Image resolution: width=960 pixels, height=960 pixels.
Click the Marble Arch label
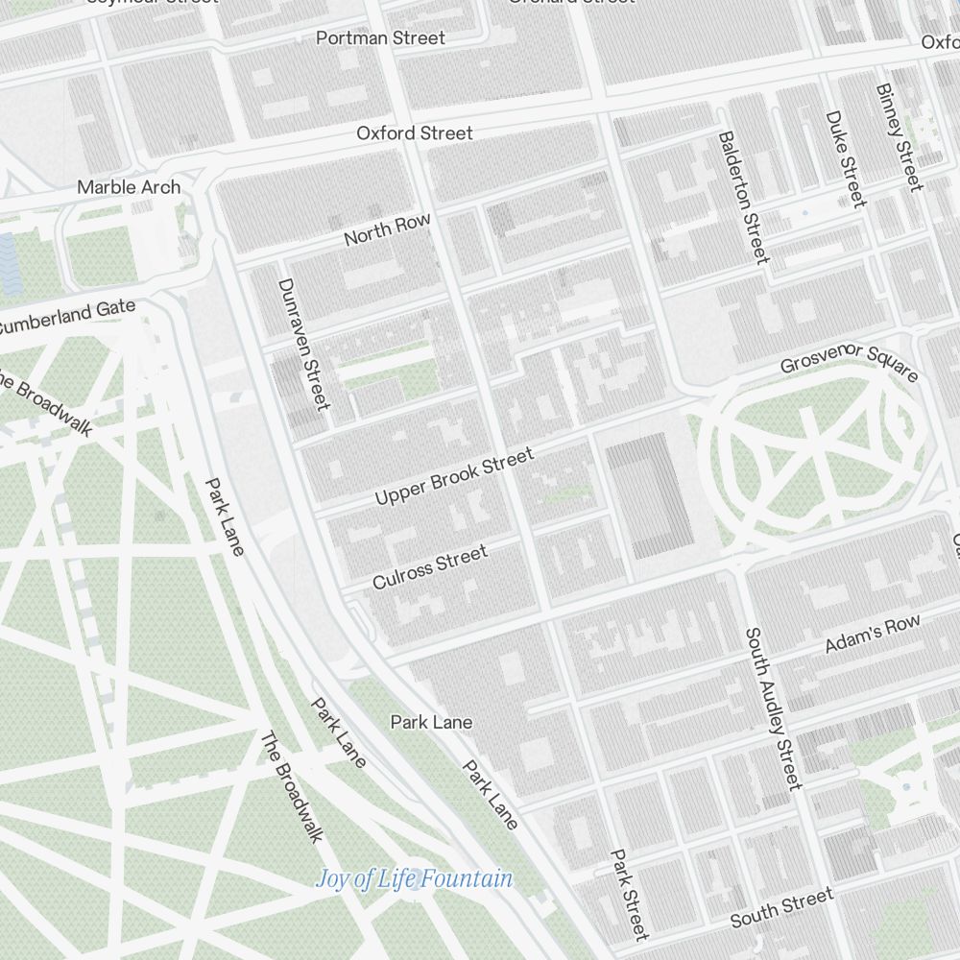[129, 187]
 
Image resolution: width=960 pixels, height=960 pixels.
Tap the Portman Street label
[381, 38]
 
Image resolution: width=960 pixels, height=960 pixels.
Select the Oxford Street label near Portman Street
[415, 132]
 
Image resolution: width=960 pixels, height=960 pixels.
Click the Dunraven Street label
[303, 343]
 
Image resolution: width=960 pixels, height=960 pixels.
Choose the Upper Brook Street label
[454, 477]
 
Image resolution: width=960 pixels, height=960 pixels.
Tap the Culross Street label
[430, 566]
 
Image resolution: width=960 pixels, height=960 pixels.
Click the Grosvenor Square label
[849, 362]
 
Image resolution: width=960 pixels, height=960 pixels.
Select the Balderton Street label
[744, 197]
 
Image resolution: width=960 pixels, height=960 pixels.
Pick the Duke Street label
[846, 158]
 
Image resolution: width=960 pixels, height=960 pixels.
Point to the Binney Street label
[899, 136]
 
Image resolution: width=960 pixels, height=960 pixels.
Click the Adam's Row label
[873, 635]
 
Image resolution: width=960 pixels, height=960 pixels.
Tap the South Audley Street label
[773, 708]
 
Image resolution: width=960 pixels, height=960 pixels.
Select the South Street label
[781, 908]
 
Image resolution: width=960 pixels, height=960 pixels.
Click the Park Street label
[629, 894]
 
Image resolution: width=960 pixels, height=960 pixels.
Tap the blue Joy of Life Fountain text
[414, 878]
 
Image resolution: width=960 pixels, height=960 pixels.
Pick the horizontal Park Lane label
[431, 722]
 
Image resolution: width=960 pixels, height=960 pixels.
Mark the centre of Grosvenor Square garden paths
[812, 451]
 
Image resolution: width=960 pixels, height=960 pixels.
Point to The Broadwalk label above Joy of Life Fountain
[291, 787]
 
